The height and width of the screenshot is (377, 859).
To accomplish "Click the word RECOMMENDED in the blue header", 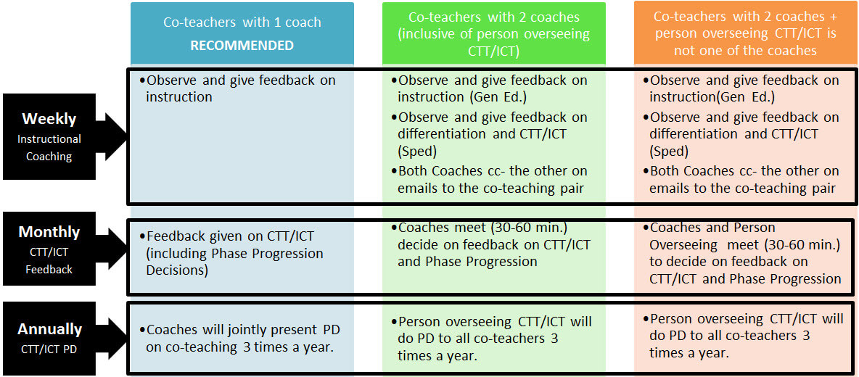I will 242,45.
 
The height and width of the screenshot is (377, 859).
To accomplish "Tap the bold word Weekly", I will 49,119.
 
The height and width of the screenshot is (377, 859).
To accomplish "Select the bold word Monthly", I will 49,232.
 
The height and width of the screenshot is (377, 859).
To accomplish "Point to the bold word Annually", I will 49,328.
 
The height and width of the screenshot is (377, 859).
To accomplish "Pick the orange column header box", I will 746,33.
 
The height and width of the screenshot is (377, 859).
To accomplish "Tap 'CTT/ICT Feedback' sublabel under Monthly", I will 49,260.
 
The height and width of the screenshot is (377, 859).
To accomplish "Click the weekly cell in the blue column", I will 242,88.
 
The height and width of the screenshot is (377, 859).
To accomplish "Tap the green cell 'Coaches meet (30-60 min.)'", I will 493,244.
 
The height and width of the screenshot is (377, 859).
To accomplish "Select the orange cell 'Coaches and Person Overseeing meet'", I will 745,253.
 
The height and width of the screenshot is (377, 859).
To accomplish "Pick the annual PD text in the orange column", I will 745,335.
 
